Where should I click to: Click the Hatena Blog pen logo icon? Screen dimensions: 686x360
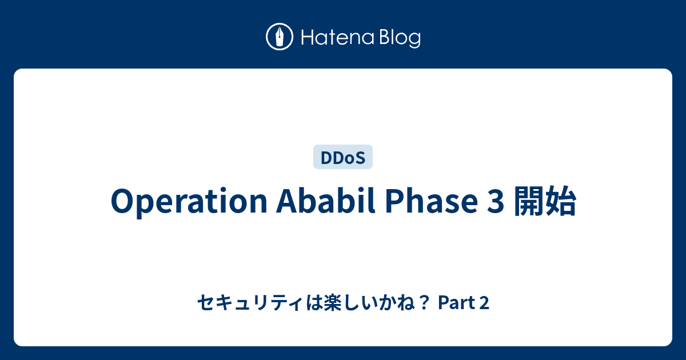pyautogui.click(x=280, y=37)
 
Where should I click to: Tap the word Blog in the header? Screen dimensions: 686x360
pyautogui.click(x=400, y=38)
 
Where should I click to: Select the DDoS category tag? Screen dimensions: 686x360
pyautogui.click(x=342, y=157)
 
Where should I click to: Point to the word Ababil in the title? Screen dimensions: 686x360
pyautogui.click(x=326, y=201)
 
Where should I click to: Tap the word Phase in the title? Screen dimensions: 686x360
pyautogui.click(x=431, y=201)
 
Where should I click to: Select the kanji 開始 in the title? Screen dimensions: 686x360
pyautogui.click(x=545, y=201)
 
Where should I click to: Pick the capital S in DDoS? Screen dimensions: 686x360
pyautogui.click(x=360, y=158)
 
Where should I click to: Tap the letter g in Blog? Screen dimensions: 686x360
pyautogui.click(x=414, y=40)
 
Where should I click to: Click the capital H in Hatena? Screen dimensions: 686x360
pyautogui.click(x=308, y=37)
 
